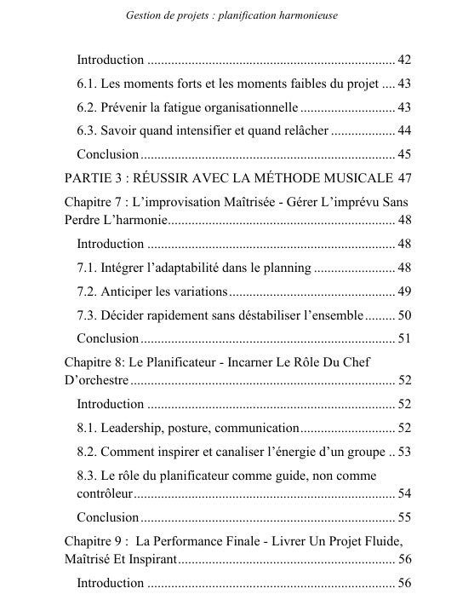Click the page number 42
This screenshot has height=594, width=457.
coord(404,61)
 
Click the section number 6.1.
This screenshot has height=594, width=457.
coord(88,84)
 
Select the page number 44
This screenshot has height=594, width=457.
coord(404,130)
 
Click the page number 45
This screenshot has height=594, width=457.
coord(404,154)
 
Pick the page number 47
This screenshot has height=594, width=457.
coord(404,178)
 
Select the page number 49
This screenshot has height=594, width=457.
coord(404,291)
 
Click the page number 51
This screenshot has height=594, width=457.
coord(404,338)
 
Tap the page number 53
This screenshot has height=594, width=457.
coord(404,451)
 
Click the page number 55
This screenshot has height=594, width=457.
coord(404,516)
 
